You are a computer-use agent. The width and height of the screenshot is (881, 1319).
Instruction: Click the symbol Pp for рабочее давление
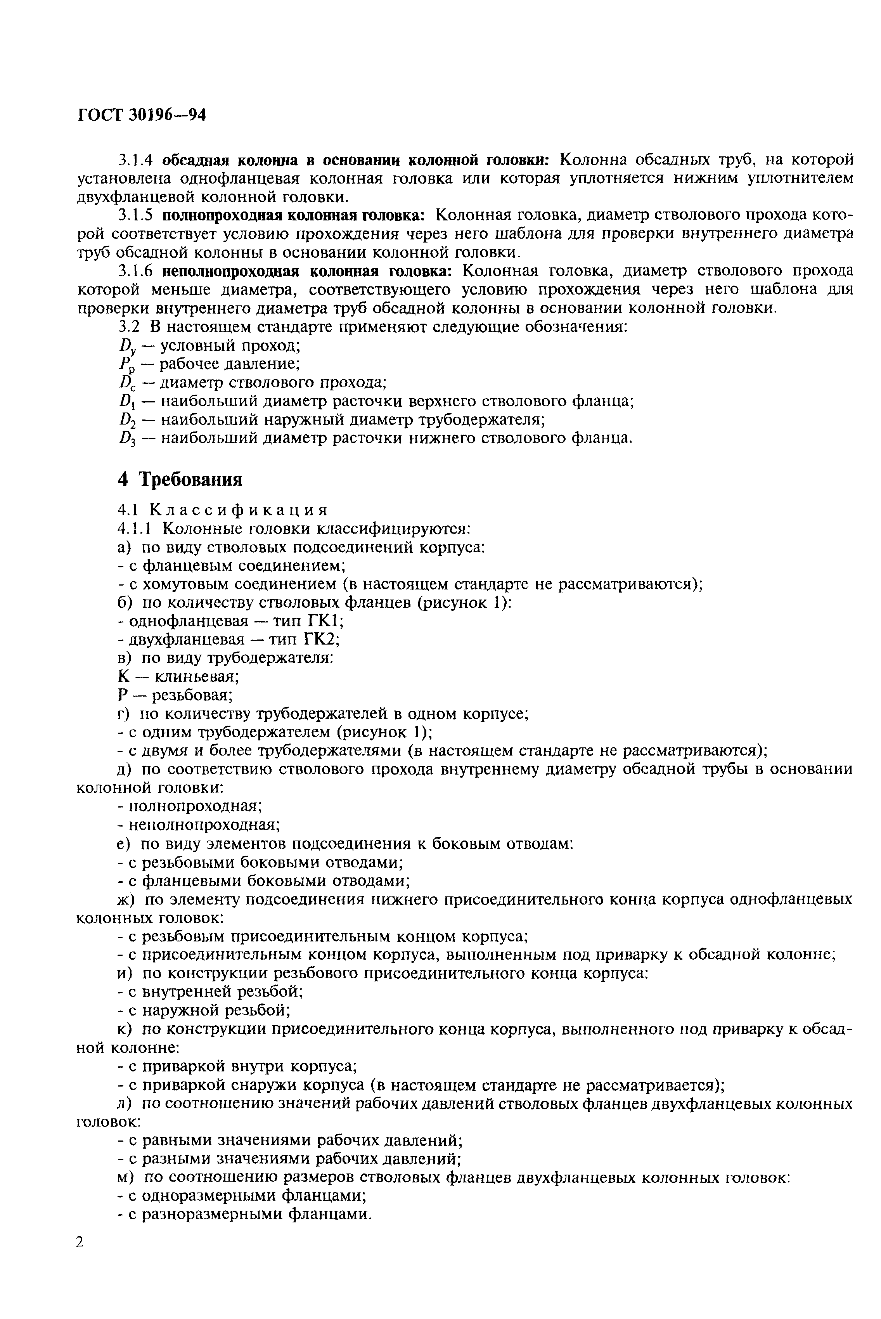(125, 365)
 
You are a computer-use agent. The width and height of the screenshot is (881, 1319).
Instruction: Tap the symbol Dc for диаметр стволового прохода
(125, 384)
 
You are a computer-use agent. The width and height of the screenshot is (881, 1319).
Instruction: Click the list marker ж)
(126, 899)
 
